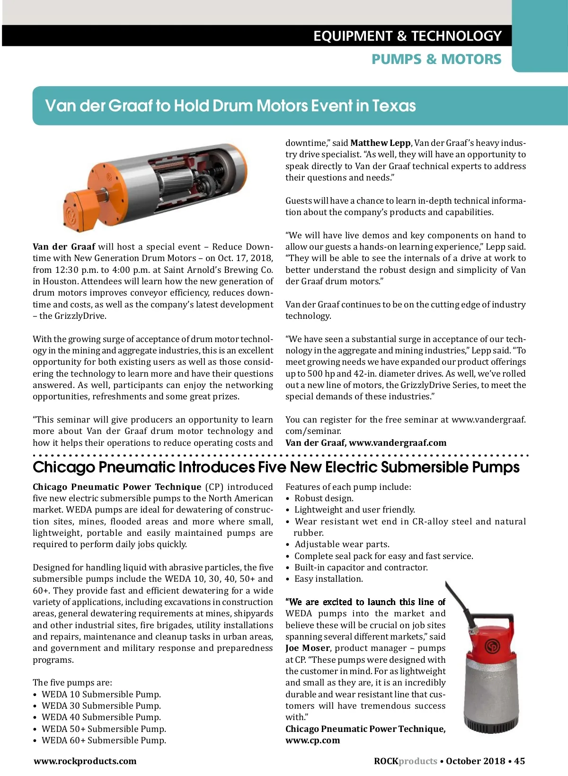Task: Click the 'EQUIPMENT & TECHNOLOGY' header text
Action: coord(407,36)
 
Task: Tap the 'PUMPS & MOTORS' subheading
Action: coord(436,59)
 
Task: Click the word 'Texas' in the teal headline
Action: coord(394,106)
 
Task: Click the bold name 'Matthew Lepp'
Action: coord(380,143)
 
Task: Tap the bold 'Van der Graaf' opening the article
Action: coord(64,247)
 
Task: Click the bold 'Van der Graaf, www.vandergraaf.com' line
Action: coord(365,443)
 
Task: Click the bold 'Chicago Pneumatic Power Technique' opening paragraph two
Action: coord(117,487)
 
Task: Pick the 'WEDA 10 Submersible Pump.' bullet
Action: coord(101,695)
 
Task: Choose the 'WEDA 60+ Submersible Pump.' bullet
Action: coord(104,740)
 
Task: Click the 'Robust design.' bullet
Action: coord(324,498)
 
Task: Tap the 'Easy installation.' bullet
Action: coord(328,579)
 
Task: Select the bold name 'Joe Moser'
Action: coord(307,648)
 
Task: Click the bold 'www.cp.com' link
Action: coord(312,740)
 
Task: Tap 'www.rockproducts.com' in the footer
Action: coord(85,761)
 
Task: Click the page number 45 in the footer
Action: coord(519,761)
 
